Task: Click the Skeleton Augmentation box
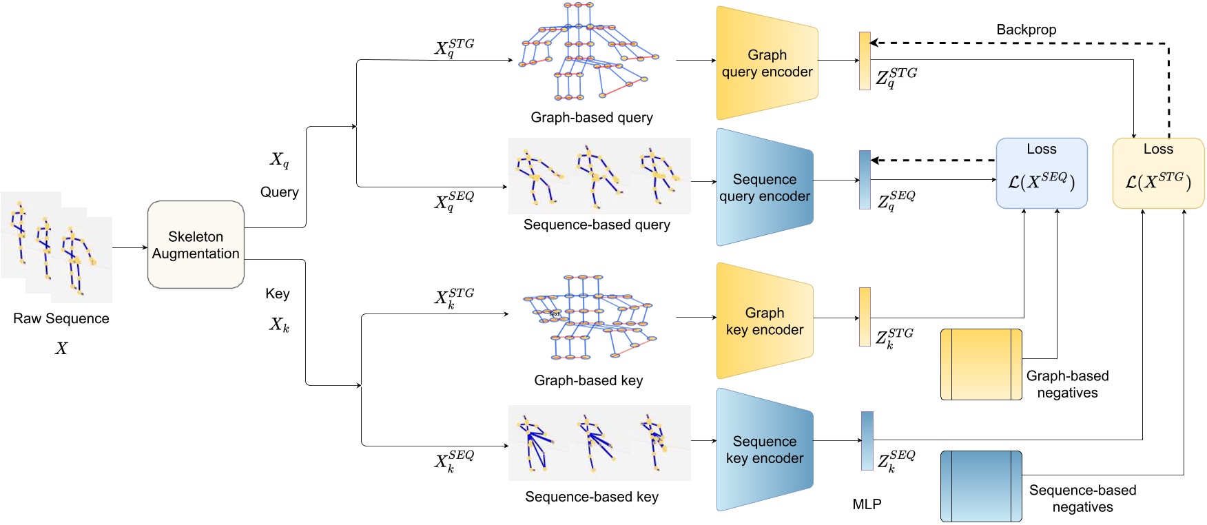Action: [196, 245]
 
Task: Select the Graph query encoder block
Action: [766, 63]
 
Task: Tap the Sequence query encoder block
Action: [764, 187]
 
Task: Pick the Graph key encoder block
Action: [764, 321]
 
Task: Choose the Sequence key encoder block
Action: [764, 449]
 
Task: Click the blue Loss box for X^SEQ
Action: [1041, 173]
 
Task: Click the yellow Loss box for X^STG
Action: [1158, 173]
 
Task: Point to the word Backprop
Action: [1026, 30]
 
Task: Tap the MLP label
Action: [867, 504]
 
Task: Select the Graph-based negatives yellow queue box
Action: [981, 364]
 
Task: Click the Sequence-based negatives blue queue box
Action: [981, 486]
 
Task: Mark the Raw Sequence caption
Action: [61, 318]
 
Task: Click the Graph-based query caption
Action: [591, 117]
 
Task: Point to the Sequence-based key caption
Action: [591, 497]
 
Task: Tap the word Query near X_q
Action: [279, 192]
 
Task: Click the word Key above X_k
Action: [277, 294]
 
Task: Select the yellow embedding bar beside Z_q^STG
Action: [865, 61]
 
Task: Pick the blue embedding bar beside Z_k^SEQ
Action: [867, 441]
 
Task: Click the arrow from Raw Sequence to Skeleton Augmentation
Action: [130, 247]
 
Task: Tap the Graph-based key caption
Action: [588, 380]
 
